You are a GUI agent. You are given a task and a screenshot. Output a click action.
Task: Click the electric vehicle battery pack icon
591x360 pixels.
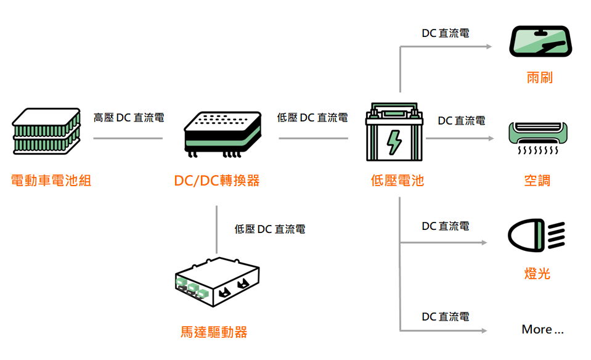pyautogui.click(x=47, y=131)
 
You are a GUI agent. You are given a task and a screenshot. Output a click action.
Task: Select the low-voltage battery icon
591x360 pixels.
pyautogui.click(x=394, y=131)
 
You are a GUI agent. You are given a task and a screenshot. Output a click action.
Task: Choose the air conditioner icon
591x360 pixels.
pyautogui.click(x=537, y=139)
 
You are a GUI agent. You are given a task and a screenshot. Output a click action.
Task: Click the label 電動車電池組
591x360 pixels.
pyautogui.click(x=51, y=181)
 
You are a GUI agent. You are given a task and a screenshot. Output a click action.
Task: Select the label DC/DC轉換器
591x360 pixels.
pyautogui.click(x=217, y=181)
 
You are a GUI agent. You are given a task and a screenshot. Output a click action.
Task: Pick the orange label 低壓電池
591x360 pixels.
pyautogui.click(x=397, y=181)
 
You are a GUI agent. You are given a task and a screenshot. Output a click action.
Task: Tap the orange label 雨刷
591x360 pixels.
pyautogui.click(x=539, y=78)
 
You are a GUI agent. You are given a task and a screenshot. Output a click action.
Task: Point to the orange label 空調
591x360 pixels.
pyautogui.click(x=537, y=181)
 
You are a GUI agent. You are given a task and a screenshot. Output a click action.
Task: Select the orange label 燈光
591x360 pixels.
pyautogui.click(x=537, y=273)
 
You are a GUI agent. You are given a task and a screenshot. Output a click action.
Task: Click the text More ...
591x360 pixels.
pyautogui.click(x=542, y=329)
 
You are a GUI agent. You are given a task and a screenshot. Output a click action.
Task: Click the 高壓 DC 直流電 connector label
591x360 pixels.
pyautogui.click(x=129, y=117)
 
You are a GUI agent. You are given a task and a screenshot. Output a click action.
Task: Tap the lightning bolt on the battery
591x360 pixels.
pyautogui.click(x=394, y=141)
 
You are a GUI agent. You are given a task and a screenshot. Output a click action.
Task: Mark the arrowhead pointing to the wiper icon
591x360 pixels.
pyautogui.click(x=489, y=47)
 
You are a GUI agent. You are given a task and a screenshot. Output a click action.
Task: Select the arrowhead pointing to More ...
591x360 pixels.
pyautogui.click(x=484, y=331)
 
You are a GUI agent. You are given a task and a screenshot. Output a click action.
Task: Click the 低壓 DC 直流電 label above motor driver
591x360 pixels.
pyautogui.click(x=270, y=229)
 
